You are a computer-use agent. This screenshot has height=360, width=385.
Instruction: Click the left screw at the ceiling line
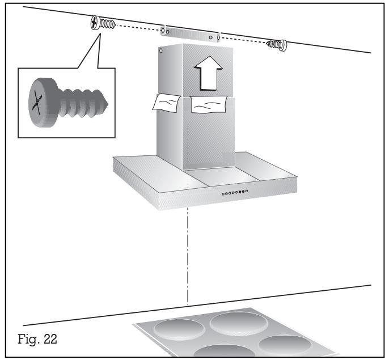tap(103, 23)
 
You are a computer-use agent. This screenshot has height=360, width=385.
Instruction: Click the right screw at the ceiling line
tap(277, 45)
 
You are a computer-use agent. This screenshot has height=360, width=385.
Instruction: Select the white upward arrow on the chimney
tap(209, 73)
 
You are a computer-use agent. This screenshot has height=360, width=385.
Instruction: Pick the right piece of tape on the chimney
tap(209, 105)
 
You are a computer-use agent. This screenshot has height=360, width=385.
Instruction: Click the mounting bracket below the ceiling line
tap(191, 34)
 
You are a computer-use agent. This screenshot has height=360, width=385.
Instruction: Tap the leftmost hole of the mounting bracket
tap(163, 31)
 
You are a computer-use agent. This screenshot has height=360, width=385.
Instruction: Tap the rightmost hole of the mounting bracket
tap(218, 38)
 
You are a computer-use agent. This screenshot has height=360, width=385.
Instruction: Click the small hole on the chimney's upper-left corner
tap(161, 51)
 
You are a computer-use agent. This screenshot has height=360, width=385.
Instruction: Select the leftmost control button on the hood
tap(223, 194)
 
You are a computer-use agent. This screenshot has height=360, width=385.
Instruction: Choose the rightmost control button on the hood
tap(247, 191)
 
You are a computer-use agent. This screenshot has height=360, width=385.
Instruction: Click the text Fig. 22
tap(37, 340)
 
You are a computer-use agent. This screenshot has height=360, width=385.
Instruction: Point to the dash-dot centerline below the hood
tap(188, 256)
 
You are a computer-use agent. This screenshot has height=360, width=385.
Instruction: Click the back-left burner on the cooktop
tap(179, 329)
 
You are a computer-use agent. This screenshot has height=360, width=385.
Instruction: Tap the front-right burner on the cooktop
tap(285, 345)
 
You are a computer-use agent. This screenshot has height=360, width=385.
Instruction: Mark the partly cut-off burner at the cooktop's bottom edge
tap(224, 351)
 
